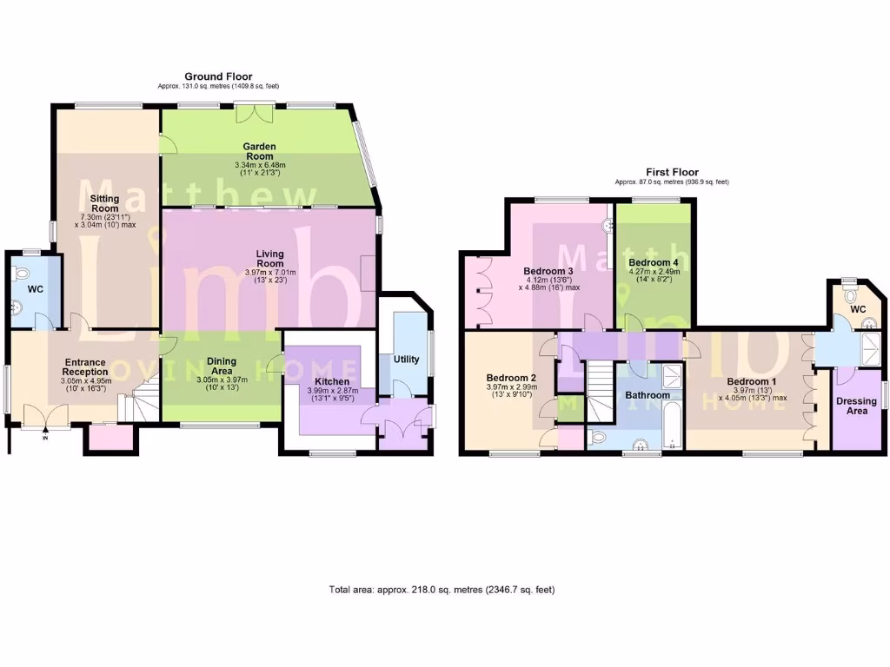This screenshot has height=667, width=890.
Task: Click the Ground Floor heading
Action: pos(218,77)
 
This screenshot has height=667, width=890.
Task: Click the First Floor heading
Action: pos(671,173)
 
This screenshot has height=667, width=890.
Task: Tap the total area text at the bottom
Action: pos(442,590)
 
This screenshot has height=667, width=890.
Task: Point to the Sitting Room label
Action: pos(105,203)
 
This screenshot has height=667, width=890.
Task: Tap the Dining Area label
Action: pos(222,367)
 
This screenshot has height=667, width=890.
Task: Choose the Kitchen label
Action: pos(332,381)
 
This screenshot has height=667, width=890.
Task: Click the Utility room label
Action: pos(406,359)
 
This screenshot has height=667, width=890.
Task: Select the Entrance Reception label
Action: pos(83,367)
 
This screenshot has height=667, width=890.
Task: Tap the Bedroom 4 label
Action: pos(653,262)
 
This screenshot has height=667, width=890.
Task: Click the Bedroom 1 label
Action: pos(752,381)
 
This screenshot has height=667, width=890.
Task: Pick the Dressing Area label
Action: pos(856,406)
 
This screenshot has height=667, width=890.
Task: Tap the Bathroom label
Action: pos(648,395)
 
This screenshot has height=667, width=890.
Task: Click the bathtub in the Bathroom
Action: pos(672,417)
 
